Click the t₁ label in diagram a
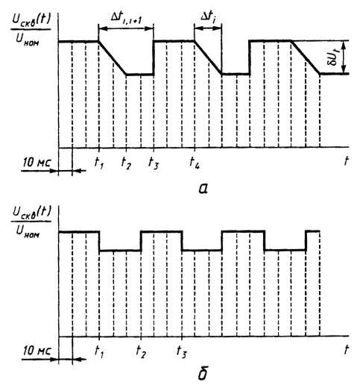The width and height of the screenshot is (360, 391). pyautogui.click(x=99, y=163)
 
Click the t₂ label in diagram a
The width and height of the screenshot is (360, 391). pyautogui.click(x=126, y=163)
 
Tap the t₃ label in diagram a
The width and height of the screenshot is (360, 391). pyautogui.click(x=154, y=163)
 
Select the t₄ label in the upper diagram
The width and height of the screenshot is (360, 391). pyautogui.click(x=195, y=163)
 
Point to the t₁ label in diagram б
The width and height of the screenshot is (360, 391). pyautogui.click(x=99, y=351)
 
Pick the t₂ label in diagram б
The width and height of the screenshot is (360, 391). pyautogui.click(x=141, y=351)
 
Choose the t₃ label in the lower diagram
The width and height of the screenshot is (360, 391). pyautogui.click(x=181, y=351)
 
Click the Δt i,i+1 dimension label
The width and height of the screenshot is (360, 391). pyautogui.click(x=127, y=18)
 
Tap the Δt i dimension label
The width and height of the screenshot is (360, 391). pyautogui.click(x=208, y=17)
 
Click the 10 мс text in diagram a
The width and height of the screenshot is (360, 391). pyautogui.click(x=37, y=163)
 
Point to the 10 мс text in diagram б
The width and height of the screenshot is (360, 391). pyautogui.click(x=37, y=351)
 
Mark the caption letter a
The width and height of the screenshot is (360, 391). pyautogui.click(x=203, y=189)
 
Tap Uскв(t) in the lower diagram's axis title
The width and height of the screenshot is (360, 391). pyautogui.click(x=31, y=213)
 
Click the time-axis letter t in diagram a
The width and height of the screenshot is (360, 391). pyautogui.click(x=346, y=161)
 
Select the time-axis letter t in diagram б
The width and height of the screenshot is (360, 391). pyautogui.click(x=346, y=350)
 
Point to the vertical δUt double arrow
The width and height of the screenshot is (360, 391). pyautogui.click(x=344, y=57)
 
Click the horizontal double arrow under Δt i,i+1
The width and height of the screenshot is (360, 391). pyautogui.click(x=126, y=28)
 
